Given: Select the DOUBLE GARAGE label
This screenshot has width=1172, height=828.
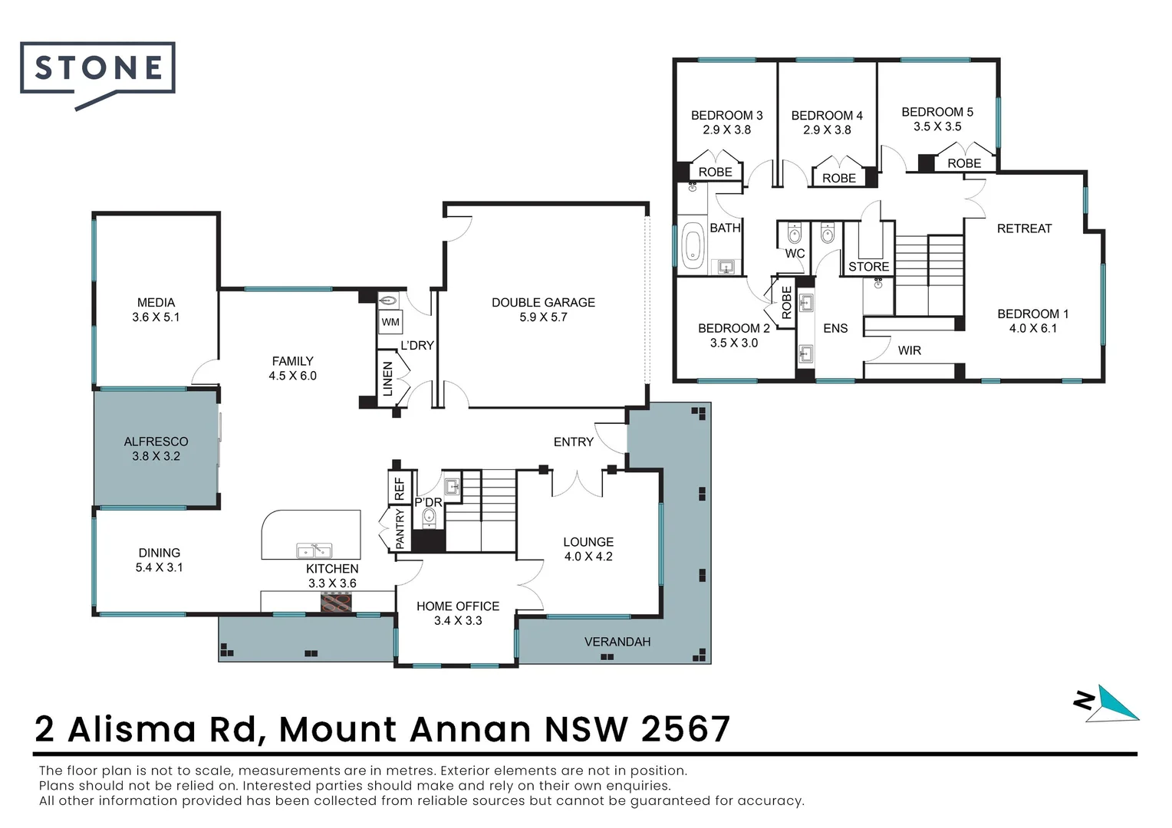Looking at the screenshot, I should click(x=543, y=303).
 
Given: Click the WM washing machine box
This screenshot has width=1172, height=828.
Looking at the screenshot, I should click(x=390, y=322).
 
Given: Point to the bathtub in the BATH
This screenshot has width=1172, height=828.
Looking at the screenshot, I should click(x=693, y=245).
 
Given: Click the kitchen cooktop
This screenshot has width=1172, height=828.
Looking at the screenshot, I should click(x=336, y=603).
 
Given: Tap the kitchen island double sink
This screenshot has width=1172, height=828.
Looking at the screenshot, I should click(x=314, y=550).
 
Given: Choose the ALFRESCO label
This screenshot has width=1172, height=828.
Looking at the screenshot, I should click(x=156, y=442).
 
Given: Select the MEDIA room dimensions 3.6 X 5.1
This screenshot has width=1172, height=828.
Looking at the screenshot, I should click(x=156, y=317).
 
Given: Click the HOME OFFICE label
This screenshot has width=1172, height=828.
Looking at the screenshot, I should click(x=458, y=606).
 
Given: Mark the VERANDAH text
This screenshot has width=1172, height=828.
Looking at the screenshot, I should click(x=617, y=642).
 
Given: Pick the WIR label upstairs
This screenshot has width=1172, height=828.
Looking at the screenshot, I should click(x=910, y=350).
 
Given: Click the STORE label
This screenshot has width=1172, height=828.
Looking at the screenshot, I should click(x=869, y=267).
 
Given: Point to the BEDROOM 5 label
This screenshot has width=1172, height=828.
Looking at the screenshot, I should click(x=937, y=112).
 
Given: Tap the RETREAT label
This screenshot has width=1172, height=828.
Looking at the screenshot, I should click(x=1024, y=228).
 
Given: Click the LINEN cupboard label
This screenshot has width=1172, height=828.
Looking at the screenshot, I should click(x=388, y=379).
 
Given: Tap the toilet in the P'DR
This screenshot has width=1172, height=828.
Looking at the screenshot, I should click(x=429, y=517).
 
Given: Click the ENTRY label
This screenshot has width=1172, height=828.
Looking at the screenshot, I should click(x=574, y=442).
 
